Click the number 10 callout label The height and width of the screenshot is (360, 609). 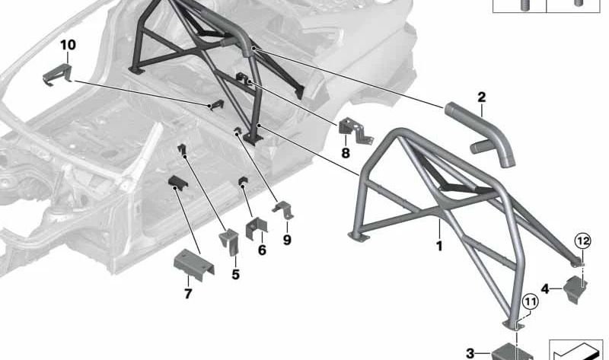68,45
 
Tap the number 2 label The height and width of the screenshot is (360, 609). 482,97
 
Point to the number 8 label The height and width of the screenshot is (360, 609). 346,153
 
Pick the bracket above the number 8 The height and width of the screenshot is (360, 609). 356,131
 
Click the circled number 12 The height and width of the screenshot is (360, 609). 583,241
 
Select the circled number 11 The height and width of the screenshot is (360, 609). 531,301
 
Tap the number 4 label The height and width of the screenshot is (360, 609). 545,289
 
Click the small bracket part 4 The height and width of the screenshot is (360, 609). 576,289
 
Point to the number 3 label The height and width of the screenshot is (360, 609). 470,353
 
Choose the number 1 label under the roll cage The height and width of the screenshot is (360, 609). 439,246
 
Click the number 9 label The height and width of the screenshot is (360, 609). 287,240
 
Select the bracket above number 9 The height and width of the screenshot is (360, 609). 282,210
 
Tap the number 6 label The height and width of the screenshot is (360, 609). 262,250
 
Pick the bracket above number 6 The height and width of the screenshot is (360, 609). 256,228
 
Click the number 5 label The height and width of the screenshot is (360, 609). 236,274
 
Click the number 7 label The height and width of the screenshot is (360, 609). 188,293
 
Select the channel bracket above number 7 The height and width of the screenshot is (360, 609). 193,265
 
